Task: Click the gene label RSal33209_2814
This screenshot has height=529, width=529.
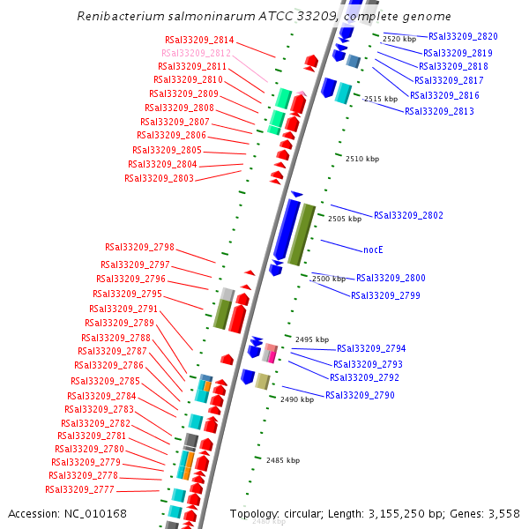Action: click(199, 40)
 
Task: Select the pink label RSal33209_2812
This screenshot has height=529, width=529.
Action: click(196, 53)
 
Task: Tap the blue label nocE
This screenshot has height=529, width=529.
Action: click(373, 250)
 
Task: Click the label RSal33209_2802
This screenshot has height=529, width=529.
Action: click(408, 215)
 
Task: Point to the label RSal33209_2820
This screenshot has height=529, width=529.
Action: click(463, 37)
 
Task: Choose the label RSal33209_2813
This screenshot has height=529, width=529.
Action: click(439, 111)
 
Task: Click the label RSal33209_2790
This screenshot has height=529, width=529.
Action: click(360, 395)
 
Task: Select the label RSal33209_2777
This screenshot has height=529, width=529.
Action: click(80, 489)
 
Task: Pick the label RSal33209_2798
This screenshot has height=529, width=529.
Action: click(139, 247)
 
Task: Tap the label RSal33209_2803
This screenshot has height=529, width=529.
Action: click(159, 177)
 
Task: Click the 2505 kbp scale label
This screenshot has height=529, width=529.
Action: click(344, 219)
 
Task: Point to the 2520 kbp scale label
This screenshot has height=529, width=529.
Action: click(399, 40)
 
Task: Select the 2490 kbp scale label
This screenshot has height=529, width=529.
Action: click(297, 399)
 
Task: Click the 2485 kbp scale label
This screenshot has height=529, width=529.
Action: click(282, 460)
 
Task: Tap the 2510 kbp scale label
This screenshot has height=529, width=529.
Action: click(361, 159)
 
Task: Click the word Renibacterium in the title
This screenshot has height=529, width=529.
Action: click(120, 17)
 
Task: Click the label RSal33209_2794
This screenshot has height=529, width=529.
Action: click(371, 348)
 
